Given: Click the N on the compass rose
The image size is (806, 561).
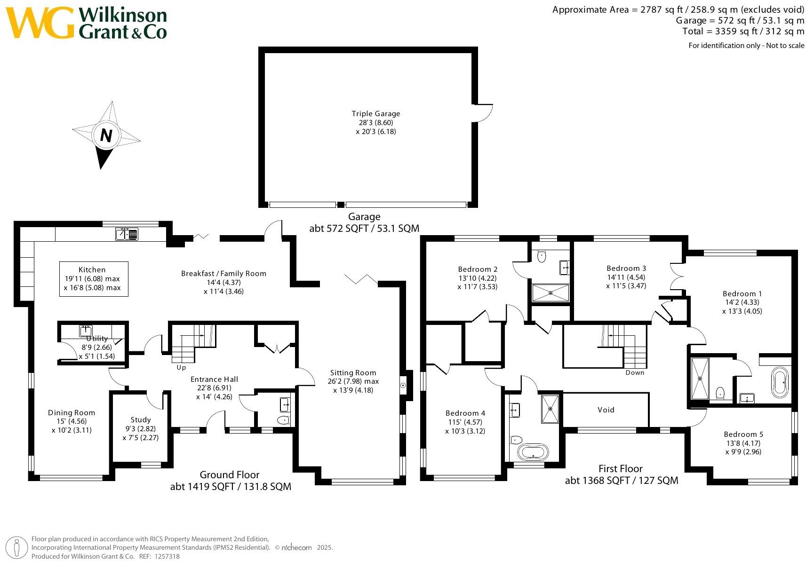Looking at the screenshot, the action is pyautogui.click(x=106, y=135).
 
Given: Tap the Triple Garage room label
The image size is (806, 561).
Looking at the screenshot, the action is pyautogui.click(x=375, y=114).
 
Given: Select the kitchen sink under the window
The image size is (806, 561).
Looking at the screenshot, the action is pyautogui.click(x=127, y=234).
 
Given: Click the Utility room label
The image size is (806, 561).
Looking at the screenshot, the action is pyautogui.click(x=97, y=339).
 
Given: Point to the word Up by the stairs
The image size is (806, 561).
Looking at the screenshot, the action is pyautogui.click(x=181, y=368).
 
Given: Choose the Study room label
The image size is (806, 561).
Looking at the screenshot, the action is pyautogui.click(x=141, y=419).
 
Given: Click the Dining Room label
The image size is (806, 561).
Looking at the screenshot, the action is pyautogui.click(x=72, y=413).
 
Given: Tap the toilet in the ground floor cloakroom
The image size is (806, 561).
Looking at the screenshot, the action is pyautogui.click(x=284, y=419).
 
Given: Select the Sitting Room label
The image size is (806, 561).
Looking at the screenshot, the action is pyautogui.click(x=353, y=373).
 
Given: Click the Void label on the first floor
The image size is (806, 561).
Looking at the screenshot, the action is pyautogui.click(x=606, y=410).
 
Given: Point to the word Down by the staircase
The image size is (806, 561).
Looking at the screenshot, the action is pyautogui.click(x=635, y=372).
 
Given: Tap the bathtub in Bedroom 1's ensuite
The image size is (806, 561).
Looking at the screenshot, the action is pyautogui.click(x=780, y=382).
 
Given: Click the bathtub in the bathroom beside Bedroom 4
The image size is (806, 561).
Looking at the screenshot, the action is pyautogui.click(x=533, y=452).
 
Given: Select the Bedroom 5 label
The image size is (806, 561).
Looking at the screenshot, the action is pyautogui.click(x=743, y=435).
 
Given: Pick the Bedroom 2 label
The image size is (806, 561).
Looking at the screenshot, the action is pyautogui.click(x=478, y=269).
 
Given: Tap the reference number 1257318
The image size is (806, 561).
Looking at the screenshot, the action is pyautogui.click(x=167, y=556).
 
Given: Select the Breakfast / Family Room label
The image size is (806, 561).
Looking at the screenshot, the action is pyautogui.click(x=223, y=274).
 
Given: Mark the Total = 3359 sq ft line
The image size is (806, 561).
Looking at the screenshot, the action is pyautogui.click(x=743, y=32).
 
